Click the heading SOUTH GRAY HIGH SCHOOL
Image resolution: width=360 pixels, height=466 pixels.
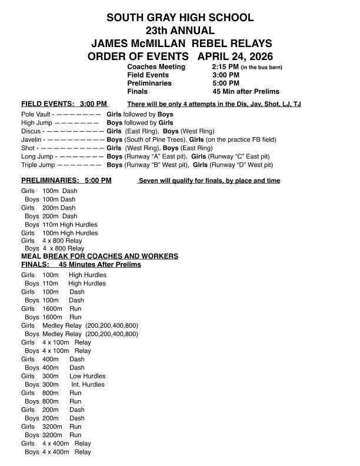tap(179, 18)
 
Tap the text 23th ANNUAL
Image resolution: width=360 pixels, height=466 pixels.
tap(179, 31)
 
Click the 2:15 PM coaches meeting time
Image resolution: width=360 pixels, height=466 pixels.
tap(225, 67)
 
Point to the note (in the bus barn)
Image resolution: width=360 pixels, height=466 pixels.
tap(262, 68)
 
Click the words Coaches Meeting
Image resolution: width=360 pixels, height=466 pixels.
tap(156, 67)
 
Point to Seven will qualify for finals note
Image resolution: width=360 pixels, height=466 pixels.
tap(209, 181)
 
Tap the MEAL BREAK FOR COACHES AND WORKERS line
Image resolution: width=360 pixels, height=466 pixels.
tap(99, 257)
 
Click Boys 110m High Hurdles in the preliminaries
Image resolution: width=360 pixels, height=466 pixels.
tap(61, 224)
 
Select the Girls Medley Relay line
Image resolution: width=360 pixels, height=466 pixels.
tap(80, 325)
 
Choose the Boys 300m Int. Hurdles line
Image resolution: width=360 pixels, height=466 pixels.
tap(65, 384)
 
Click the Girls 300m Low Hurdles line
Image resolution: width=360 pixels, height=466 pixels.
tap(64, 376)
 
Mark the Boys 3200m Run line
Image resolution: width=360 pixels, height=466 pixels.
tap(53, 435)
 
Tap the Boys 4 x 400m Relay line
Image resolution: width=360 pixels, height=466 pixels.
tap(58, 452)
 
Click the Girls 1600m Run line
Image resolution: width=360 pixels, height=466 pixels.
tap(51, 308)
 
